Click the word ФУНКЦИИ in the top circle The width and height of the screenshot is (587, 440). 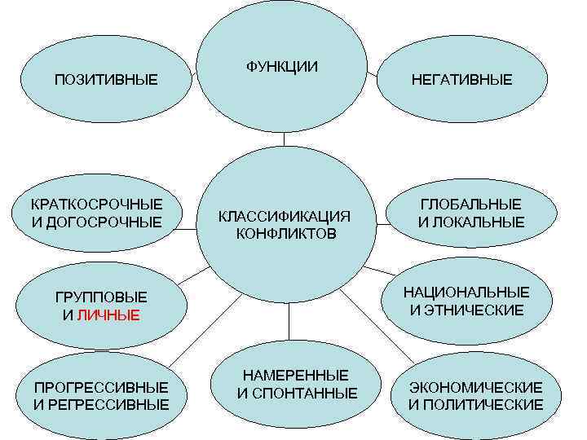[282, 66]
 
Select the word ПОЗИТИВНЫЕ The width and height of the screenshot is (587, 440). [105, 79]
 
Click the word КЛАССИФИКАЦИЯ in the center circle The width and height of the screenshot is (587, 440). [285, 217]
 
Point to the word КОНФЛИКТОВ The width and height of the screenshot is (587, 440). [285, 234]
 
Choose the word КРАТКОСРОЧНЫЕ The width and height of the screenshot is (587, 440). [96, 204]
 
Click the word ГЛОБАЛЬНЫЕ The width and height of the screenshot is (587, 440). [470, 205]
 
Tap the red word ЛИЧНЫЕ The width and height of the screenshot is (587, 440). [108, 315]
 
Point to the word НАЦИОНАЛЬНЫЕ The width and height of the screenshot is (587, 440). [466, 292]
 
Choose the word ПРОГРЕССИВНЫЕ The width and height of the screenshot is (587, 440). [101, 386]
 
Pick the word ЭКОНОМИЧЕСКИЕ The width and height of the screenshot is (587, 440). [475, 386]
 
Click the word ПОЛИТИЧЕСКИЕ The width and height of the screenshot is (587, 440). [484, 404]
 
